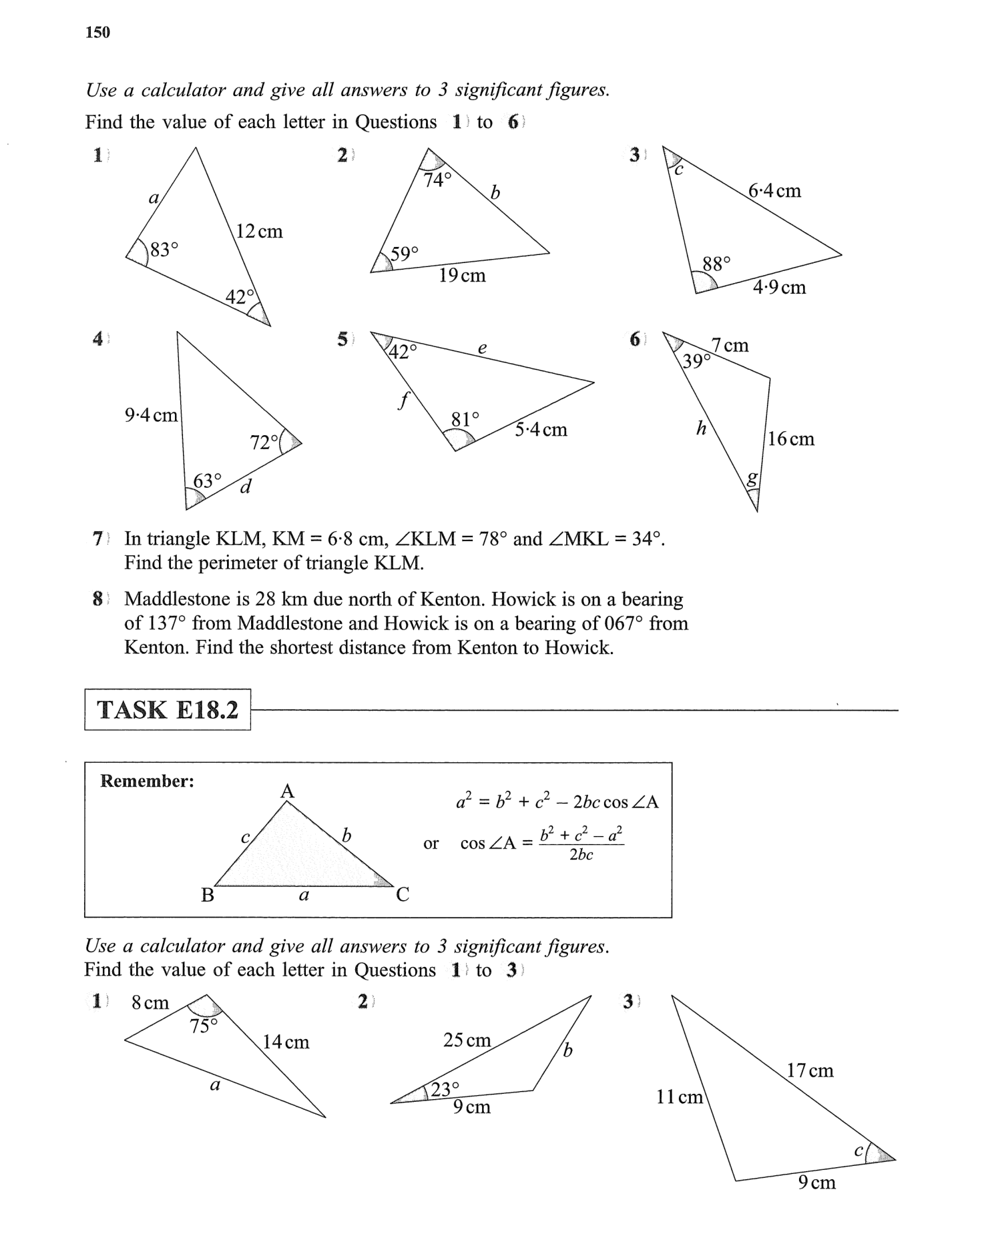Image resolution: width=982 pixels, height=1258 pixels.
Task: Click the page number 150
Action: [x=97, y=32]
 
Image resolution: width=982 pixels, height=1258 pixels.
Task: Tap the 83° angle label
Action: [x=164, y=250]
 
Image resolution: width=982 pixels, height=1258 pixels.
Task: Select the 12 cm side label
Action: [x=260, y=232]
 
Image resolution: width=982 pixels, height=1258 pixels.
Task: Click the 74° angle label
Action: [x=438, y=180]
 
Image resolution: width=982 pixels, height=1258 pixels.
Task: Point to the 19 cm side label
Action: [x=462, y=275]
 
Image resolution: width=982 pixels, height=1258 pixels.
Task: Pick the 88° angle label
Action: [x=717, y=264]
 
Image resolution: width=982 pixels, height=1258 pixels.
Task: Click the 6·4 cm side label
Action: [x=774, y=191]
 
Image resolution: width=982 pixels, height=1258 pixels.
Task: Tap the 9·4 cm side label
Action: [x=152, y=415]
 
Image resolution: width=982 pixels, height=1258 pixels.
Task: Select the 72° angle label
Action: [x=264, y=442]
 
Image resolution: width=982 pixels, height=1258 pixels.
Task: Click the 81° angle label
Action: [x=465, y=420]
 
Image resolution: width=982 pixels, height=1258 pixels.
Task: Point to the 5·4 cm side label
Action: [x=541, y=430]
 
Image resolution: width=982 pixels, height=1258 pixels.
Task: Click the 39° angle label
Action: [x=696, y=362]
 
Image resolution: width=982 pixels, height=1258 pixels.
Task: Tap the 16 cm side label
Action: [x=791, y=439]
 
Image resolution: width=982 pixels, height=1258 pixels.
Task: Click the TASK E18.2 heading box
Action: [x=168, y=709]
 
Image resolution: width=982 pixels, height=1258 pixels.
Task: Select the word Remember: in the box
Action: [x=147, y=781]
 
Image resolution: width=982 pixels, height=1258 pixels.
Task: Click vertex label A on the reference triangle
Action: [x=287, y=792]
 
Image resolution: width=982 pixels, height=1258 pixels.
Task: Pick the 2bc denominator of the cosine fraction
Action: [x=581, y=856]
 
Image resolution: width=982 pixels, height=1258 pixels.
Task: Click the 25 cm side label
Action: [x=467, y=1040]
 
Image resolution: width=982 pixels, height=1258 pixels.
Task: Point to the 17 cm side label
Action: [x=810, y=1070]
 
